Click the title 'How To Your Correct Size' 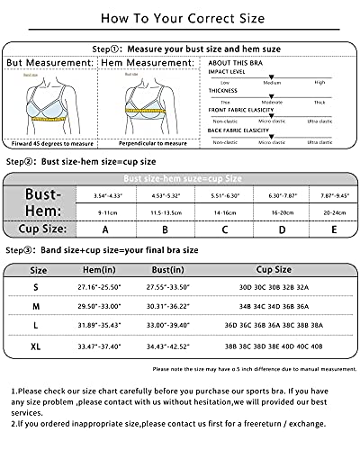point(179,16)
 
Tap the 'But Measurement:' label point(49,64)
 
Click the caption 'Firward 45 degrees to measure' point(50,141)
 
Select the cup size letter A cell point(105,229)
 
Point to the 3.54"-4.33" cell point(105,194)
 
